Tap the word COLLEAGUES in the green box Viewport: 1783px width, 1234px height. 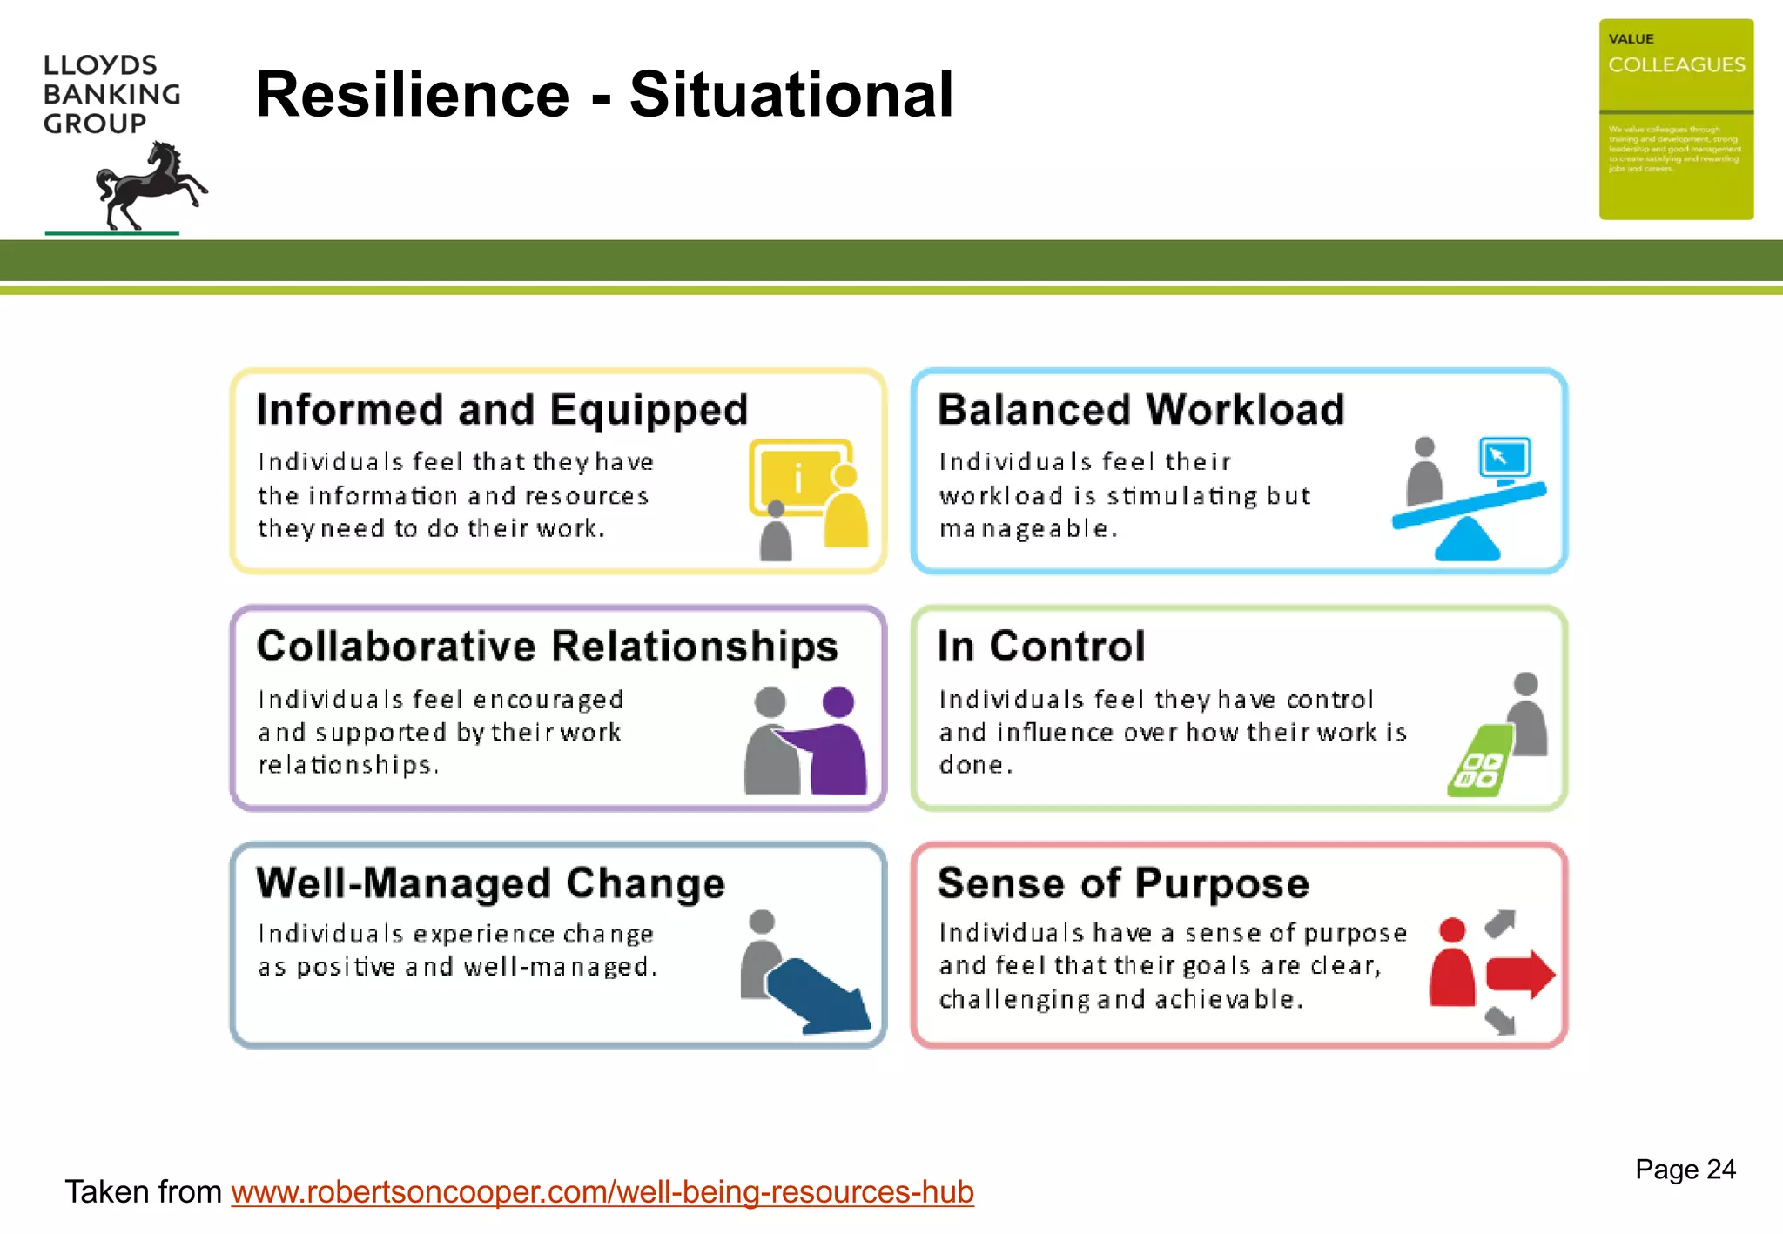pos(1676,65)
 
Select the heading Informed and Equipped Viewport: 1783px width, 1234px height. pos(502,410)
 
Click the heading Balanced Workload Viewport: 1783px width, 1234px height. pos(1140,410)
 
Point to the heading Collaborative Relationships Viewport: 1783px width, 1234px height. pos(548,647)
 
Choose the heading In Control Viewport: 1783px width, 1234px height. pos(1041,647)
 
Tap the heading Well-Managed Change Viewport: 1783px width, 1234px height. pos(491,883)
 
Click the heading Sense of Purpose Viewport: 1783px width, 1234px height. pos(1123,883)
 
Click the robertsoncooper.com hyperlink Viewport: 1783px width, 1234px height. pos(602,1191)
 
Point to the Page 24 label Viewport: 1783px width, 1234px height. pos(1685,1169)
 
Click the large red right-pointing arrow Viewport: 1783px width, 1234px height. pos(1520,974)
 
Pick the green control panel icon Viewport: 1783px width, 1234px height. pos(1479,761)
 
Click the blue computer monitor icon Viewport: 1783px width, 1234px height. pos(1504,459)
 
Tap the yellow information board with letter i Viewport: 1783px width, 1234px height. pos(797,477)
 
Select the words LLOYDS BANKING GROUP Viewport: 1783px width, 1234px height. pos(111,94)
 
